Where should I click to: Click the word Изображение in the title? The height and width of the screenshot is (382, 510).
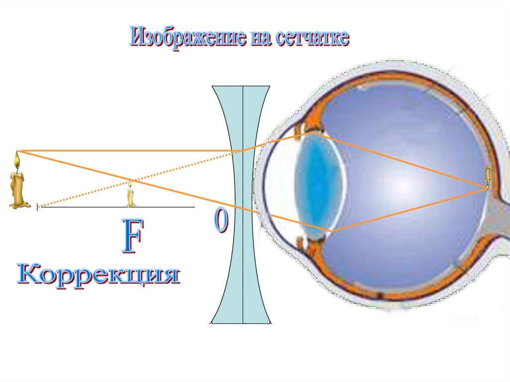point(187,38)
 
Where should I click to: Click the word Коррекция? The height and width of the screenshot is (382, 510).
point(98,275)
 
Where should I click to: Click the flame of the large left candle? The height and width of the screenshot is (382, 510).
point(17,160)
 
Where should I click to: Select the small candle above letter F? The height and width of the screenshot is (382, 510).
point(130,195)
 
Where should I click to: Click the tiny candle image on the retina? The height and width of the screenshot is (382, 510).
point(489,174)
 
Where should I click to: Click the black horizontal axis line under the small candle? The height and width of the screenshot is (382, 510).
point(164,207)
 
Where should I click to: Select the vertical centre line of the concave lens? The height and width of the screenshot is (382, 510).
point(243,279)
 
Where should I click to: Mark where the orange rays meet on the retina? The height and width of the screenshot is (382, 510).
point(487,188)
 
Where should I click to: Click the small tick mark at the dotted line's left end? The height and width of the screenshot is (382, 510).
point(37,206)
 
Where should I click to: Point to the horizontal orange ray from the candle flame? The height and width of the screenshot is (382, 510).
point(125,150)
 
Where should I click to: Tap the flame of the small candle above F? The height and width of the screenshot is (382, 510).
point(130,184)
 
